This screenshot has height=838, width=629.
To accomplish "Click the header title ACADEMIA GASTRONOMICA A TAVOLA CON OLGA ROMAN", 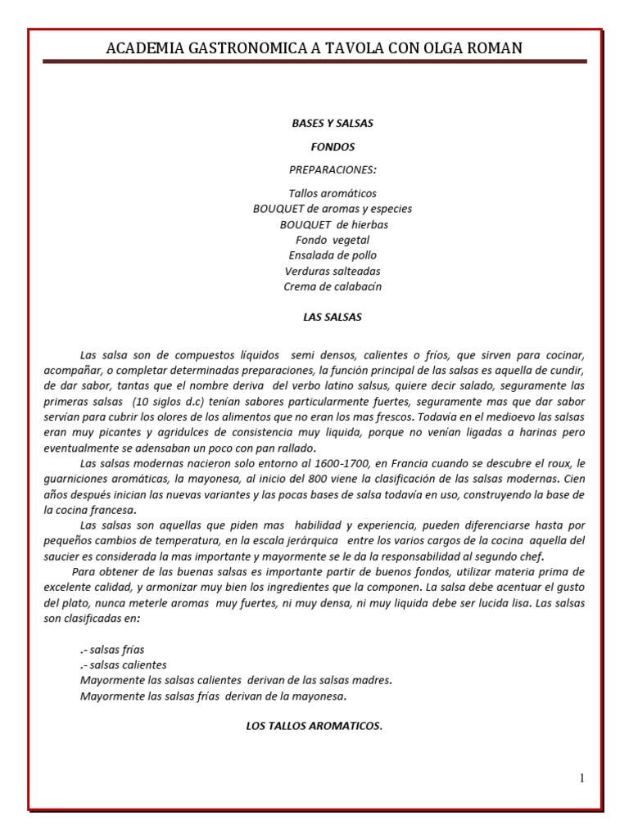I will (x=314, y=48).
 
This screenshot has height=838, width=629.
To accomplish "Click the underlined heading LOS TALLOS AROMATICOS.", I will (x=314, y=726).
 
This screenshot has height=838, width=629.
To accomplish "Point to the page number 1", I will (x=582, y=778).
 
